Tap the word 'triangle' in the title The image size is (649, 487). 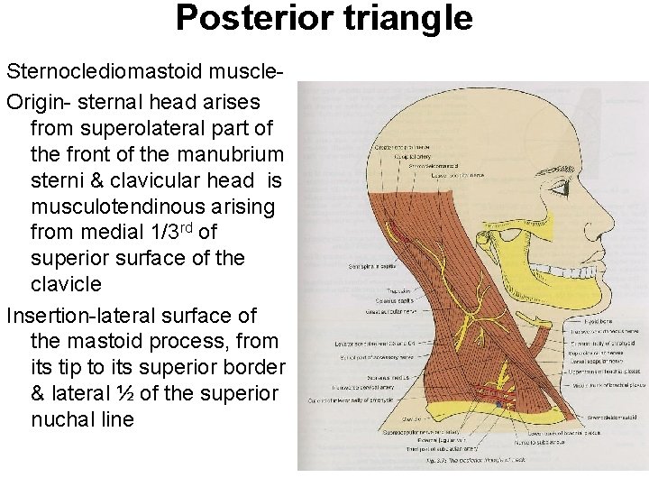click(x=396, y=17)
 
